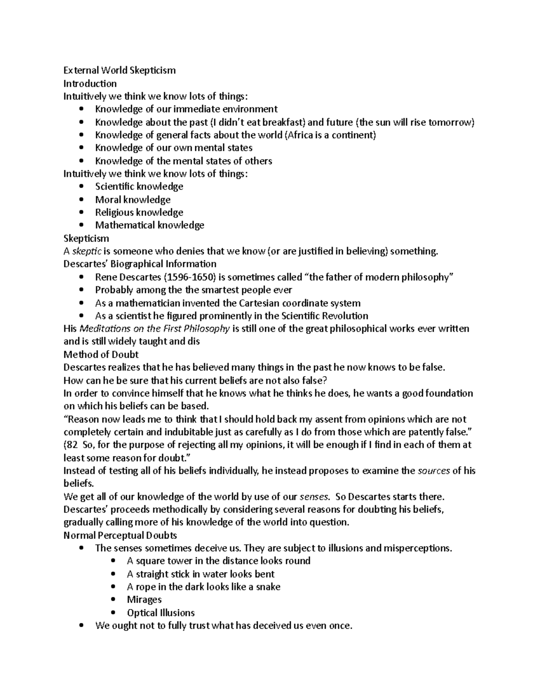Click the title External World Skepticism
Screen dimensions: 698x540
(x=119, y=70)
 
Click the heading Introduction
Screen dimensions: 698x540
(x=90, y=83)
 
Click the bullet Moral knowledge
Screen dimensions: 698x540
(x=133, y=199)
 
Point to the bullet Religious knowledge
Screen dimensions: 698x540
(x=139, y=212)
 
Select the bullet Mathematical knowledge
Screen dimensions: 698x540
(x=149, y=225)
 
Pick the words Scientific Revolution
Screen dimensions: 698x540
(x=324, y=316)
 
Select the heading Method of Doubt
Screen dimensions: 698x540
(x=101, y=354)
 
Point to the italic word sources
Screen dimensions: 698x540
(x=434, y=471)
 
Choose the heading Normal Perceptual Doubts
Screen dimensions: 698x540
(x=120, y=535)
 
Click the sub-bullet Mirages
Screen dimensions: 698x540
(x=144, y=600)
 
